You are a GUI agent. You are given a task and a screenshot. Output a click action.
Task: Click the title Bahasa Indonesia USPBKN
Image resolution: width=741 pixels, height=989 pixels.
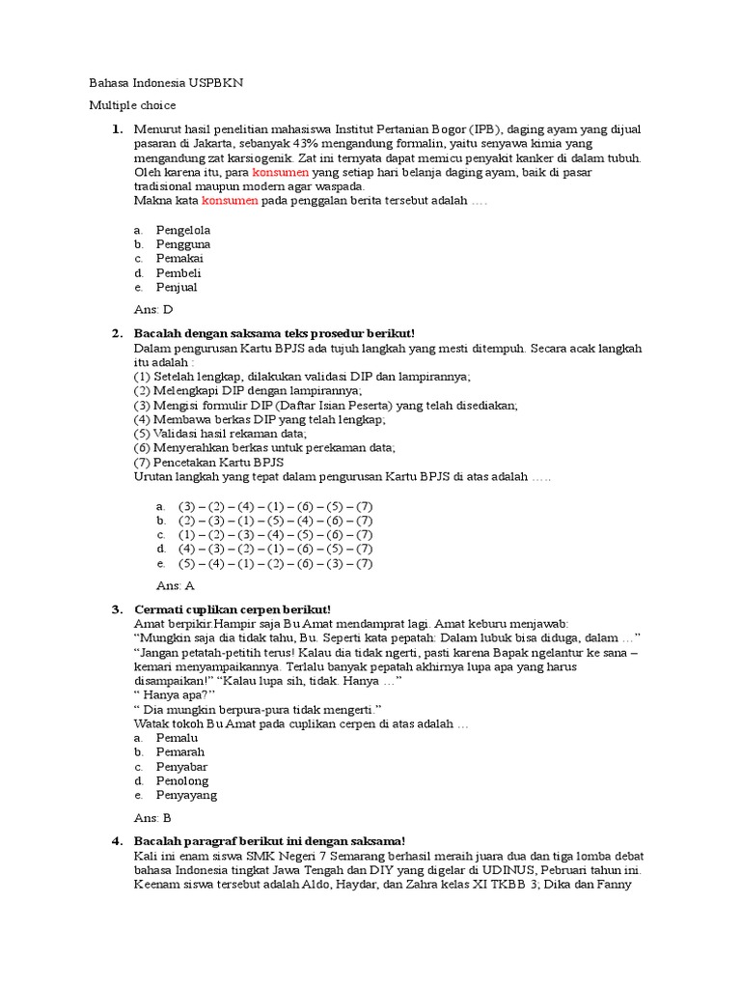[166, 83]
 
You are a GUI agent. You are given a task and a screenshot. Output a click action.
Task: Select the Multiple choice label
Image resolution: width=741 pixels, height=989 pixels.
[132, 105]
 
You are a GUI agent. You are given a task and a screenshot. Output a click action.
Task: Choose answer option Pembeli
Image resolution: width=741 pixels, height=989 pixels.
[179, 272]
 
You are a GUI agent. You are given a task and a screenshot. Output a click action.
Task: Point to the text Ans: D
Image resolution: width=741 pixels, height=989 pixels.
[152, 309]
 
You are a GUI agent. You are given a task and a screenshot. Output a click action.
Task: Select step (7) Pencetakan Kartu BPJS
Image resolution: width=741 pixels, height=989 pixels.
[202, 463]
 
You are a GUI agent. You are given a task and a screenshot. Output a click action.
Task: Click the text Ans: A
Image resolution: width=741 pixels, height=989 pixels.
[175, 585]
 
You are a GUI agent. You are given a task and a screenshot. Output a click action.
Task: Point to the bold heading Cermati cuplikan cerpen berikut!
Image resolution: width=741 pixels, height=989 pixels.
[233, 608]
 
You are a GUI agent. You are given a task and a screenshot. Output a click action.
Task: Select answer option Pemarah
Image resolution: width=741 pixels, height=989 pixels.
[180, 751]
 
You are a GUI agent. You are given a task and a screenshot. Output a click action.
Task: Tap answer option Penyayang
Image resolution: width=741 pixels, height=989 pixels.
[186, 795]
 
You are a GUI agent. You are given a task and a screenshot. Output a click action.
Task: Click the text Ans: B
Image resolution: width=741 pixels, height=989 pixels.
[153, 817]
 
